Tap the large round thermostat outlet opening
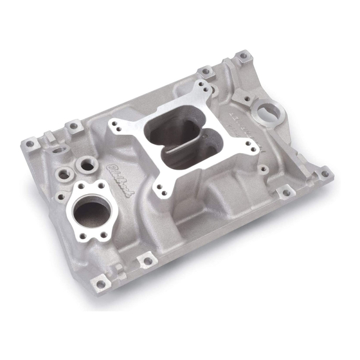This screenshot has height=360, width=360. (x=93, y=210)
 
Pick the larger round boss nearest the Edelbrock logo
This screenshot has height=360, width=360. (x=86, y=166)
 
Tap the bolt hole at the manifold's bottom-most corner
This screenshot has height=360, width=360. (x=100, y=283)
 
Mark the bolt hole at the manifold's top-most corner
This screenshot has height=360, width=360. (x=244, y=57)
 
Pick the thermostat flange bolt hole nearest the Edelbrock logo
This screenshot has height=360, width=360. (x=101, y=186)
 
